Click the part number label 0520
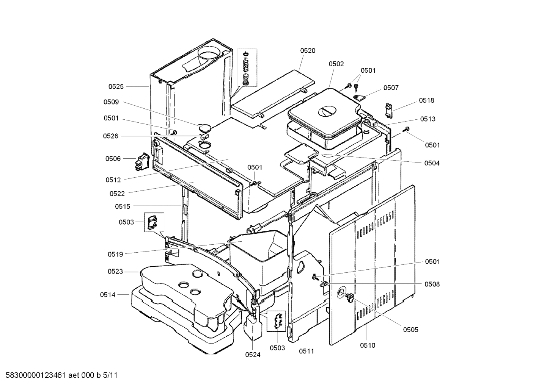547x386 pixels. pos(308,51)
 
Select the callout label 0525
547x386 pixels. pos(116,87)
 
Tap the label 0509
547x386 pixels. pos(111,102)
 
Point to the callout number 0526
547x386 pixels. pos(111,136)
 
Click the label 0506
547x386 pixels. pos(113,159)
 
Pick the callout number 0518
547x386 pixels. pos(426,101)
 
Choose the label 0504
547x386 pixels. pos(432,163)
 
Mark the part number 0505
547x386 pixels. pos(410,330)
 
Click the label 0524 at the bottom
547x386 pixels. pos(253,355)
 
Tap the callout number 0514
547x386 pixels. pos(108,295)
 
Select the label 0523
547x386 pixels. pos(115,272)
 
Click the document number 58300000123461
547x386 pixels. pos(36,376)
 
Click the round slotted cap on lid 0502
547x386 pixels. pos(327,111)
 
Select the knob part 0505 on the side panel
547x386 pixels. pos(349,298)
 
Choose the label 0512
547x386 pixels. pos(113,180)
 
